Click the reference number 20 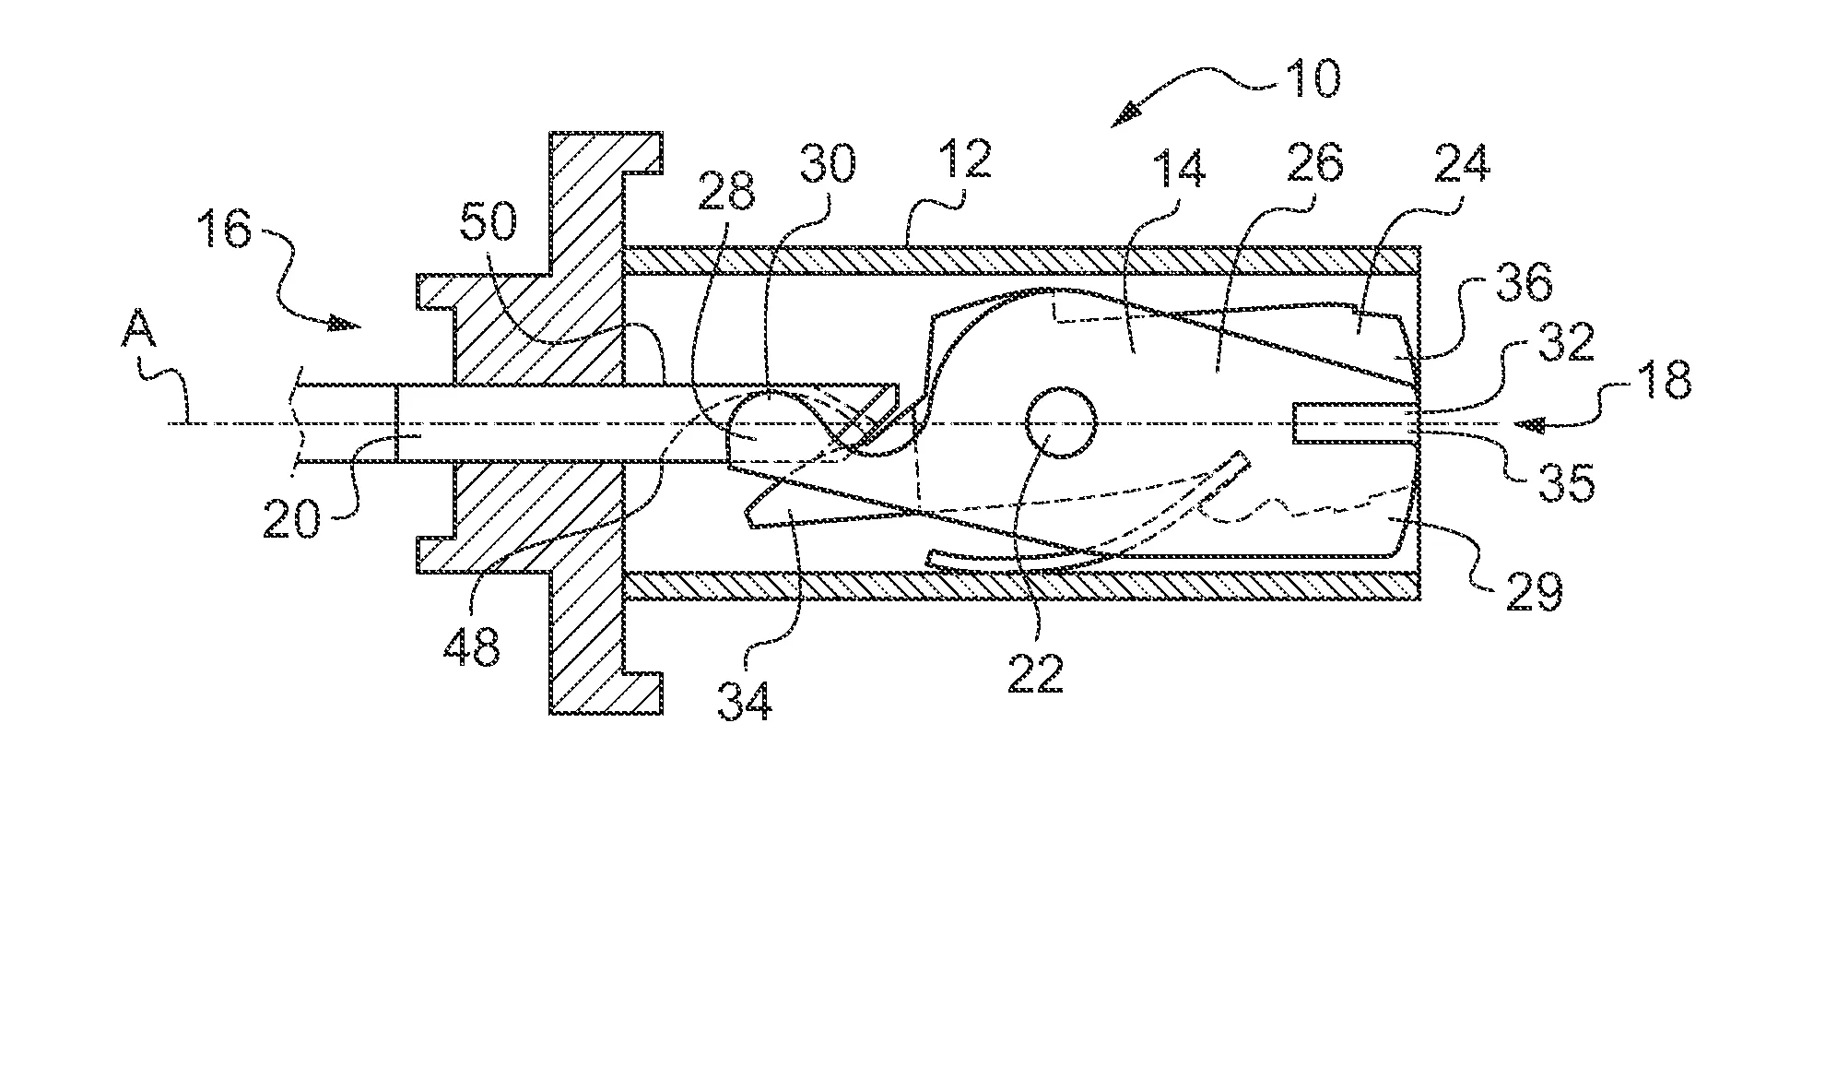tap(293, 519)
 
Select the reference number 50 tap(488, 222)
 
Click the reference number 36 tap(1548, 286)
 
